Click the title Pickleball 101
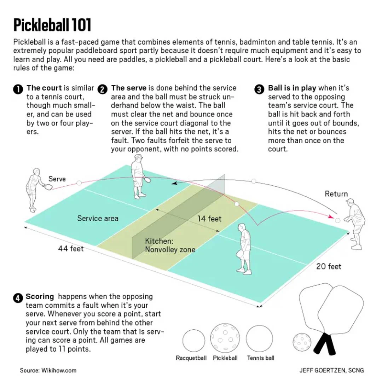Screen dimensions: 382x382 [52, 25]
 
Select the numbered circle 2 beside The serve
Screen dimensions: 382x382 [102, 89]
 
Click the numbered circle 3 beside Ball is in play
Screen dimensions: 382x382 [259, 89]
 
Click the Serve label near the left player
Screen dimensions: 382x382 [57, 179]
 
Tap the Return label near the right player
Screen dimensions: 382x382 [336, 194]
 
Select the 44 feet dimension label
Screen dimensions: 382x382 [71, 249]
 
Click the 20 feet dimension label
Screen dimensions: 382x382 [329, 266]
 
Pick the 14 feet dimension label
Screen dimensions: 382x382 [209, 219]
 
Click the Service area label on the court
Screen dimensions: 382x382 [98, 218]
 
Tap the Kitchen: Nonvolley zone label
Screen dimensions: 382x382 [170, 245]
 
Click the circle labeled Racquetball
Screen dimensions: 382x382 [193, 340]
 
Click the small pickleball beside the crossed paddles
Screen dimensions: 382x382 [301, 342]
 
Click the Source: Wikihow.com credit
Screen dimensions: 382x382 [48, 370]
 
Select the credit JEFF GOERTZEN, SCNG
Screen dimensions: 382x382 [331, 370]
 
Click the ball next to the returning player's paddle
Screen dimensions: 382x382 [337, 220]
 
